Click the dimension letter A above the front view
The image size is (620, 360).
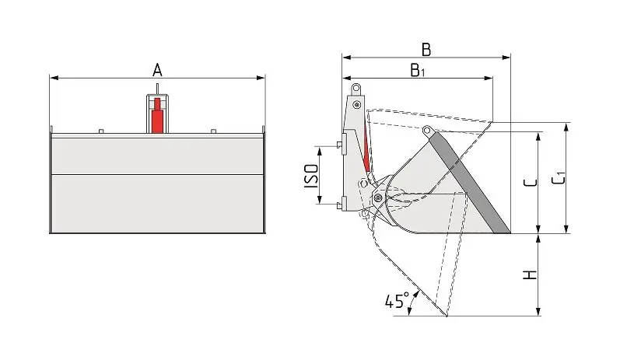click(x=157, y=69)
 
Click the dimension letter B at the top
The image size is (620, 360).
click(x=426, y=49)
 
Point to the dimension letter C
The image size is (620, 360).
click(x=529, y=183)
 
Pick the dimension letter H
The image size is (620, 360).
click(x=530, y=275)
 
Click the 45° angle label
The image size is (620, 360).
click(x=396, y=301)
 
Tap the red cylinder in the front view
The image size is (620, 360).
click(x=158, y=116)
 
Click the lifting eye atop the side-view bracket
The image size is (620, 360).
click(x=356, y=88)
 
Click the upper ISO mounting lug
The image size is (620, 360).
click(x=342, y=142)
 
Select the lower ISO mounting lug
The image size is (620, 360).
click(x=342, y=204)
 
